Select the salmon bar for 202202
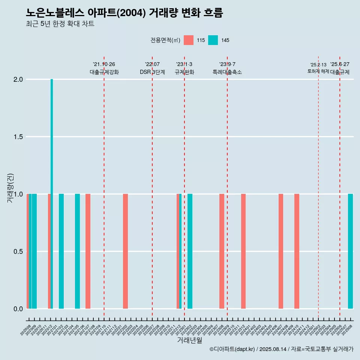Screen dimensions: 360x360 click(125, 251)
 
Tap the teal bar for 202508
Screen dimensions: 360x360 click(350, 251)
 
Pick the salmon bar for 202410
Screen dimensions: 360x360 click(297, 251)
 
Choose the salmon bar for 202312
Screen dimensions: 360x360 click(243, 251)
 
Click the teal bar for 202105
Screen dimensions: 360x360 click(77, 251)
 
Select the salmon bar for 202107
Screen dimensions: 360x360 click(88, 251)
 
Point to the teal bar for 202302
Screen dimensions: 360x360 click(190, 251)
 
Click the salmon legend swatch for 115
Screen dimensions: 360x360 click(189, 40)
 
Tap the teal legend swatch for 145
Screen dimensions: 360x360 click(213, 40)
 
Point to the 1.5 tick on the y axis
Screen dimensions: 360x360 click(18, 137)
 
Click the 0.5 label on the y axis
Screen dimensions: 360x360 click(18, 251)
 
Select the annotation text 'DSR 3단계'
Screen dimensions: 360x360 click(152, 72)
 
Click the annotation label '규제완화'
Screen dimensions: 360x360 click(184, 72)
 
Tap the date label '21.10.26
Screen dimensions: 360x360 click(104, 64)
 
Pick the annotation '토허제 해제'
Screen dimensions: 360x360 click(318, 71)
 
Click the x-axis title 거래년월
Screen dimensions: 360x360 click(189, 340)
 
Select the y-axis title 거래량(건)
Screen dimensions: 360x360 click(10, 187)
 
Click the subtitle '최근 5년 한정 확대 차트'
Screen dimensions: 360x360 click(60, 24)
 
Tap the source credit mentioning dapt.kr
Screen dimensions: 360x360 click(281, 349)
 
